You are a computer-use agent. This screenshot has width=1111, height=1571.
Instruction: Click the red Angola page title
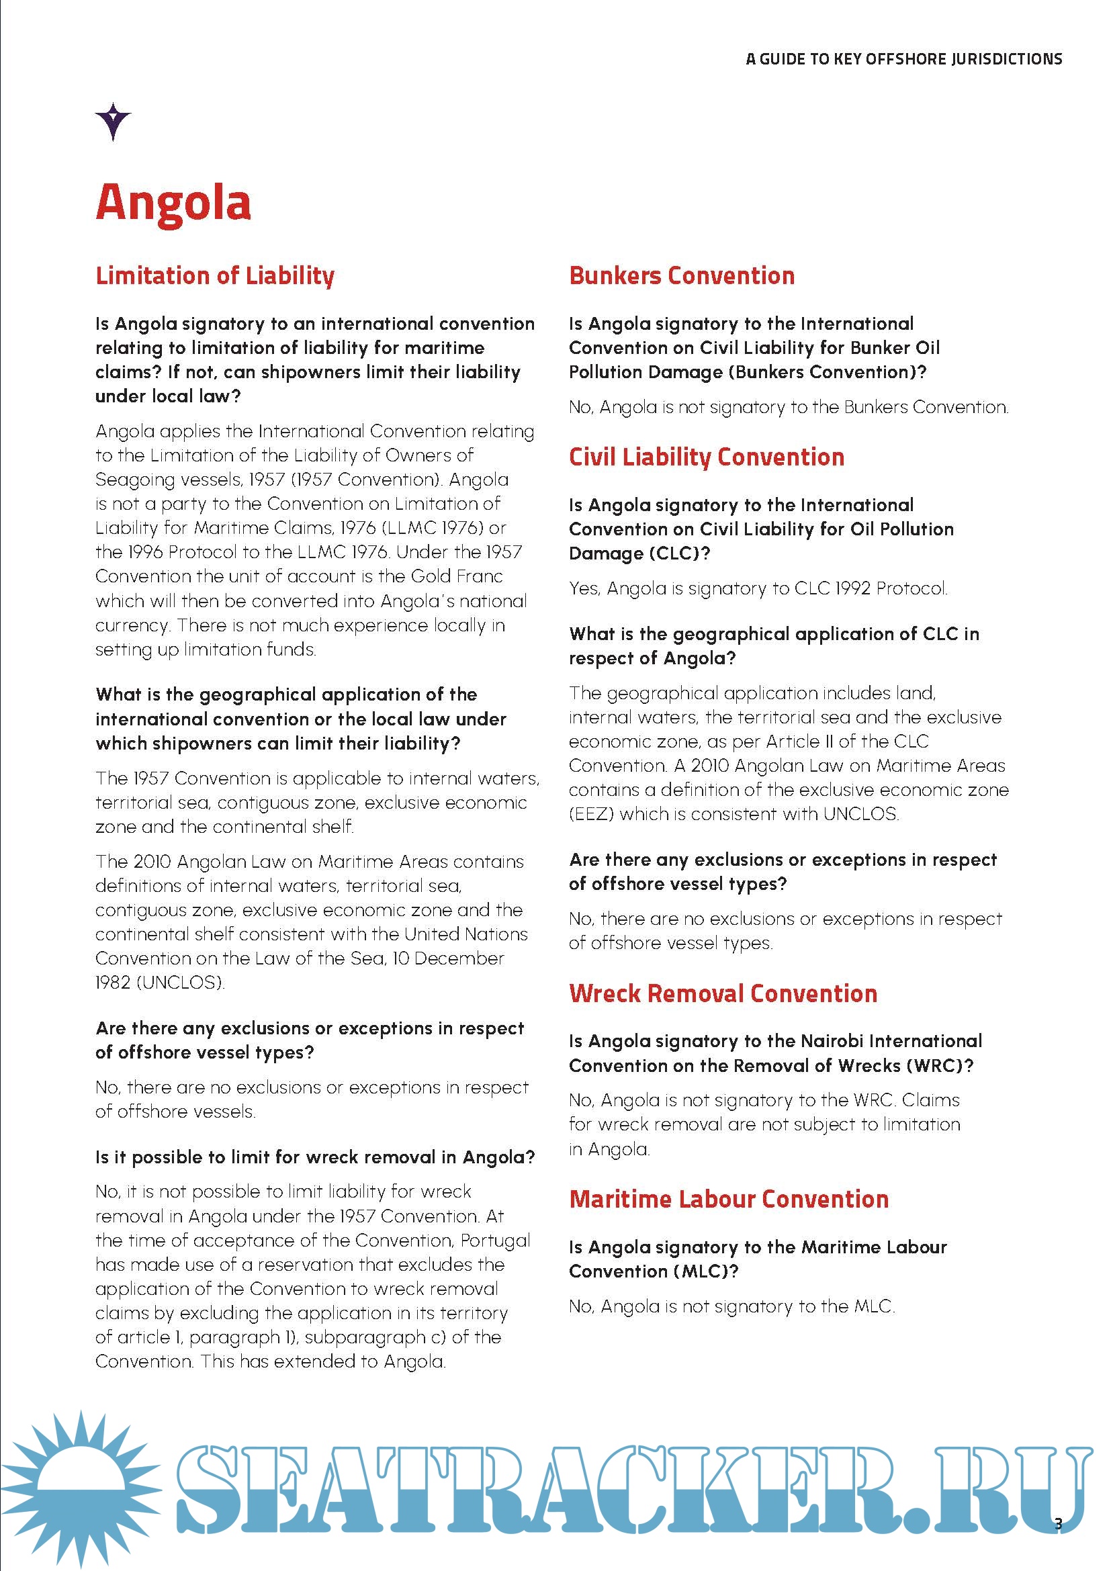pos(173,204)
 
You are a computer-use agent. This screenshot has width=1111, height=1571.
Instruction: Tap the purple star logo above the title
pos(113,121)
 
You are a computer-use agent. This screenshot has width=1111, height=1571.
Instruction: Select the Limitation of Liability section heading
pos(215,276)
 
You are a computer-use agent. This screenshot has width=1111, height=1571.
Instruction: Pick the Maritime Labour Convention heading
pos(729,1199)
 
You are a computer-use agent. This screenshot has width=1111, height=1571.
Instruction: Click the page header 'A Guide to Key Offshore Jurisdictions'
pos(903,60)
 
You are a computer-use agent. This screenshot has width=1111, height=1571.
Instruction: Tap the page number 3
pos(1059,1523)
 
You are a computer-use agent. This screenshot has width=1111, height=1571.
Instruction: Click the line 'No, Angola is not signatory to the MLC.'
pos(731,1306)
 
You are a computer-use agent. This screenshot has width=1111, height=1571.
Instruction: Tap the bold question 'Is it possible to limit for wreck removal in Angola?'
pos(314,1157)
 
